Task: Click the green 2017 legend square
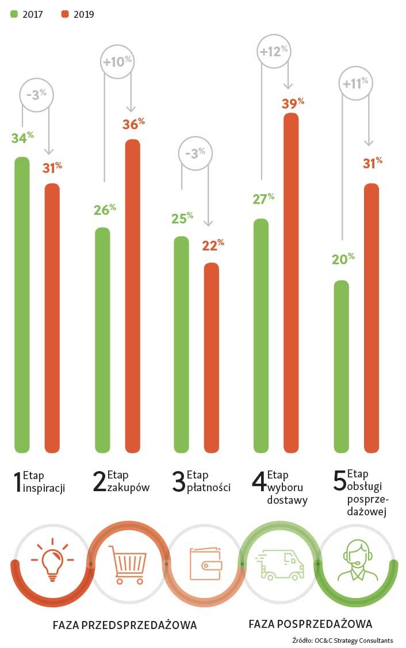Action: pos(14,14)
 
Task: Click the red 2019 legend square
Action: pos(65,14)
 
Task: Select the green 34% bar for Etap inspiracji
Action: pos(22,304)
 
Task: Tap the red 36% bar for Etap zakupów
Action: pos(132,296)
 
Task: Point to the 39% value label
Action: pos(293,104)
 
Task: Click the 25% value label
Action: pos(182,219)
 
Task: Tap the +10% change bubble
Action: pos(117,61)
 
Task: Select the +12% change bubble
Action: pos(273,52)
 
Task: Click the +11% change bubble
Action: pos(355,83)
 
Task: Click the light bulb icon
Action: pos(52,560)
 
